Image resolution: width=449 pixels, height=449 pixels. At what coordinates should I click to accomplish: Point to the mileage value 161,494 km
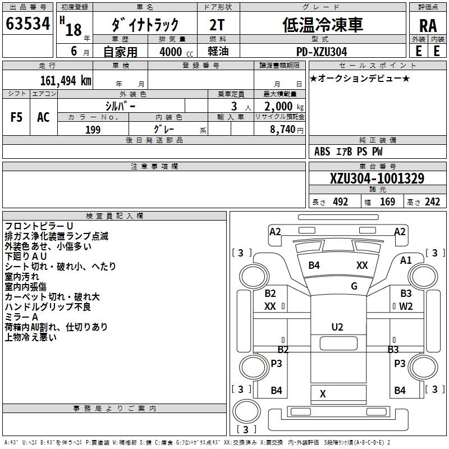tap(66, 80)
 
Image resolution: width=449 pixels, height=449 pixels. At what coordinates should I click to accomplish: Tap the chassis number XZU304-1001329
tap(377, 178)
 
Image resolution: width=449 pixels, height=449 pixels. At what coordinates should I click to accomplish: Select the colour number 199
tap(93, 130)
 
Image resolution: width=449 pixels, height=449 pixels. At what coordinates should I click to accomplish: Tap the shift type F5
tap(17, 117)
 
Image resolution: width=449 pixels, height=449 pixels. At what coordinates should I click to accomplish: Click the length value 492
tap(340, 202)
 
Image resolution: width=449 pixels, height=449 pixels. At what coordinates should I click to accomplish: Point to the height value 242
tap(432, 202)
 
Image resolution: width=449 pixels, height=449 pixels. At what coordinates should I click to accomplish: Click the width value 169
tap(387, 202)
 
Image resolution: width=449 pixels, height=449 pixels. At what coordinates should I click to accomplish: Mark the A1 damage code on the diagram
tap(406, 260)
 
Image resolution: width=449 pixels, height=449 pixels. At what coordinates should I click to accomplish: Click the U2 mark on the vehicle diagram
tap(337, 327)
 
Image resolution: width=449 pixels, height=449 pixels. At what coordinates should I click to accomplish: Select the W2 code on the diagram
tap(406, 306)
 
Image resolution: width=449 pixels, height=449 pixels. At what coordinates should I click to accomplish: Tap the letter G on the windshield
tap(354, 286)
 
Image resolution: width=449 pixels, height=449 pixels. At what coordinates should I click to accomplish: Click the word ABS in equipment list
tap(322, 152)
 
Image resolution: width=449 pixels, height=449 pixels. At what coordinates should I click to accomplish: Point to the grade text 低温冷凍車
tap(322, 24)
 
